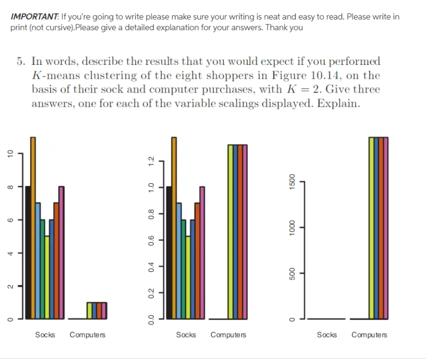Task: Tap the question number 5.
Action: coord(19,62)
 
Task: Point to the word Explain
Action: coord(341,104)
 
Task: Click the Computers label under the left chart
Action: coord(87,335)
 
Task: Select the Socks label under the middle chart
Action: coord(186,335)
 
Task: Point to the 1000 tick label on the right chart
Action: coord(291,227)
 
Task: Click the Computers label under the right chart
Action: coord(369,335)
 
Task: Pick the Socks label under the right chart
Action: coord(327,335)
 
